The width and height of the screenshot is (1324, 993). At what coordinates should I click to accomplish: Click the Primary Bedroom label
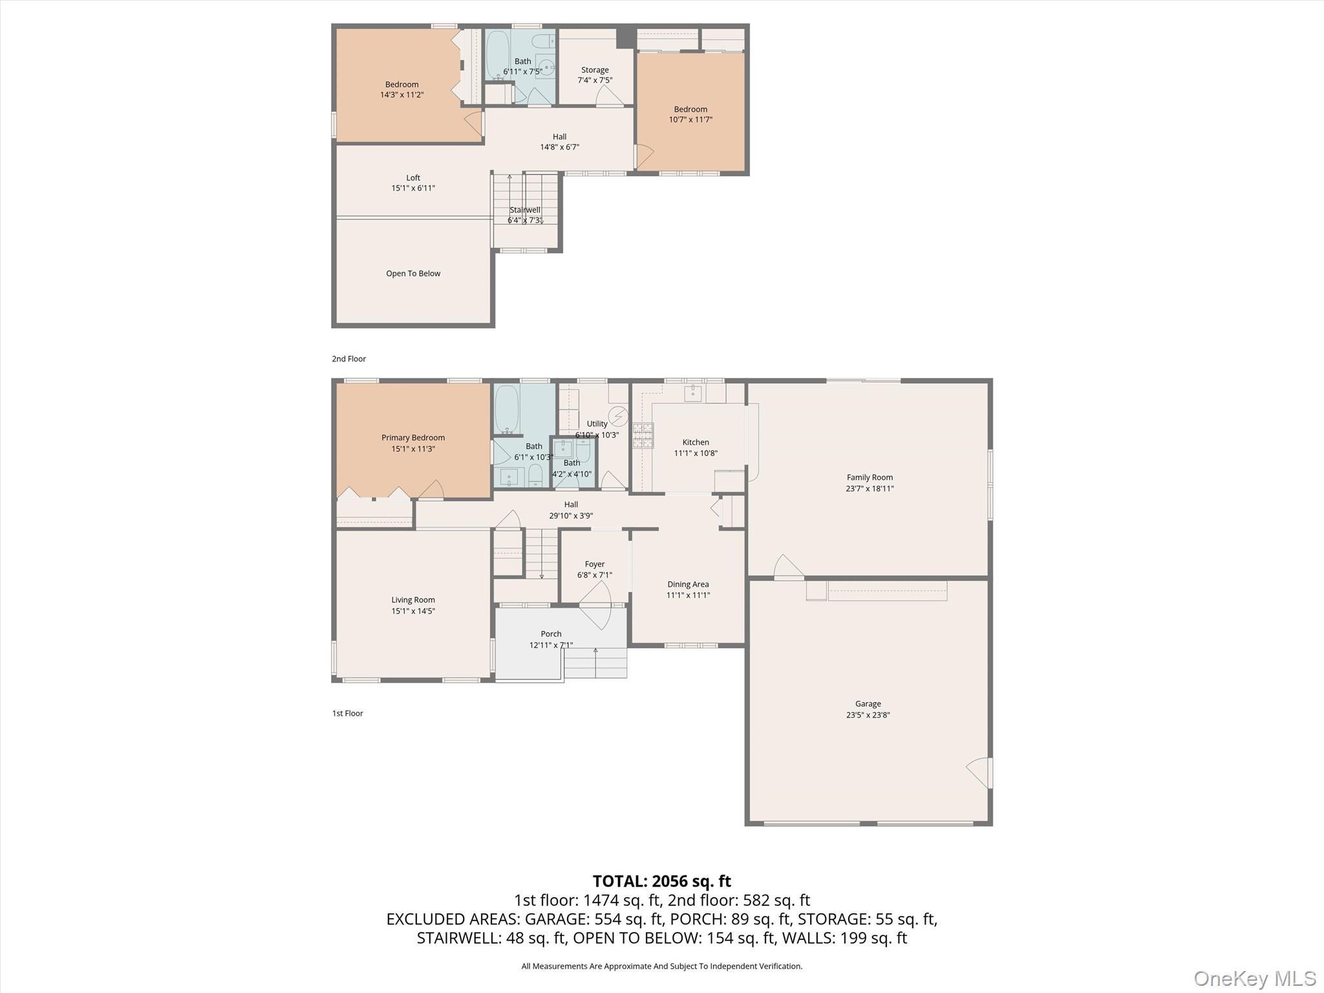tap(413, 438)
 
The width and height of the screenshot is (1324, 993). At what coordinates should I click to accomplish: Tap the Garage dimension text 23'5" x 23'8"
tap(868, 714)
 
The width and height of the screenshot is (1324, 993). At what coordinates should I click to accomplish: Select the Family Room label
tap(870, 477)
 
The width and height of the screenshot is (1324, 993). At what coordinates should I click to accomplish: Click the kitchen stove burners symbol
tap(643, 435)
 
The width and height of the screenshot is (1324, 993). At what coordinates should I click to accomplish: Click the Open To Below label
tap(413, 273)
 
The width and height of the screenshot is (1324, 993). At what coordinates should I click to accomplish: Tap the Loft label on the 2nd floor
tap(413, 178)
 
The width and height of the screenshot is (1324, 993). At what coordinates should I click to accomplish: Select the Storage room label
tap(595, 70)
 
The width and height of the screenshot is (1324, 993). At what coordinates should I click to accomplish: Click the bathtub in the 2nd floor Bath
tap(497, 55)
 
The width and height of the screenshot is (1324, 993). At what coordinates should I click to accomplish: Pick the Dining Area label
tap(688, 584)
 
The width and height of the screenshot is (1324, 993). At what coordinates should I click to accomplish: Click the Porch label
tap(551, 634)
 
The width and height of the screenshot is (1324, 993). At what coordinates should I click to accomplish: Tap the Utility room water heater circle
tap(618, 415)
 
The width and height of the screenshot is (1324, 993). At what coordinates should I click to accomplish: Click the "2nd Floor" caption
tap(349, 359)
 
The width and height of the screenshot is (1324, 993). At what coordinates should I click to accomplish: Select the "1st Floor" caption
tap(348, 713)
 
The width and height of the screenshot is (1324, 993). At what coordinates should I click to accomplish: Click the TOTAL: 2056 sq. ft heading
tap(661, 881)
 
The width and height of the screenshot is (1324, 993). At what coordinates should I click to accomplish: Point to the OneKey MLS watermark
tap(1254, 978)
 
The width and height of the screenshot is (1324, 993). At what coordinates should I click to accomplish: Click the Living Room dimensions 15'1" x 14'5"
tap(413, 611)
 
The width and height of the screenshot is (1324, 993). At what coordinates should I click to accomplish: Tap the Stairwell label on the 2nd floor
tap(524, 209)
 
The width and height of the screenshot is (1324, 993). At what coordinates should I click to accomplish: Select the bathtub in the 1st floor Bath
tap(506, 410)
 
